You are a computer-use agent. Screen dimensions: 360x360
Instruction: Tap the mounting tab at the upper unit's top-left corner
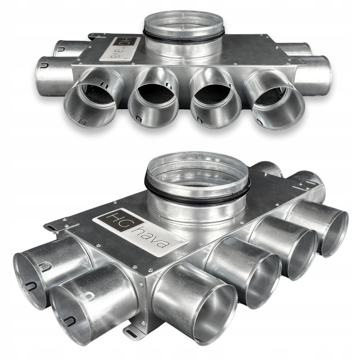coord(96,36)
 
